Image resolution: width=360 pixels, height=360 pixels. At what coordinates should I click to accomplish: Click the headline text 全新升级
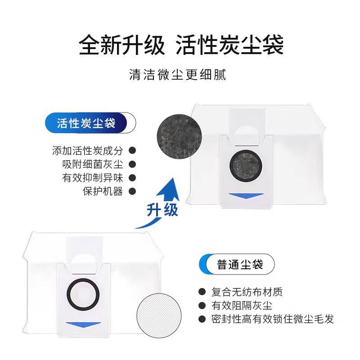[122, 45]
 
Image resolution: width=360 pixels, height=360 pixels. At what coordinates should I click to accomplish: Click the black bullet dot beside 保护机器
[132, 191]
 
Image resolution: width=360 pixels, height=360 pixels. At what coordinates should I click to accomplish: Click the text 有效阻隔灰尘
[241, 306]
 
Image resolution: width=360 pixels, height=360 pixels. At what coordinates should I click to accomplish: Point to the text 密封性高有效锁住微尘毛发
[273, 319]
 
